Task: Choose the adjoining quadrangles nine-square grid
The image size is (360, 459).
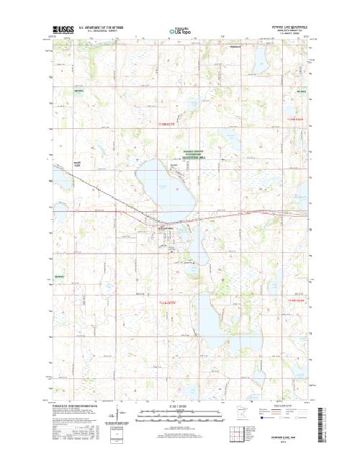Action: click(234, 435)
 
